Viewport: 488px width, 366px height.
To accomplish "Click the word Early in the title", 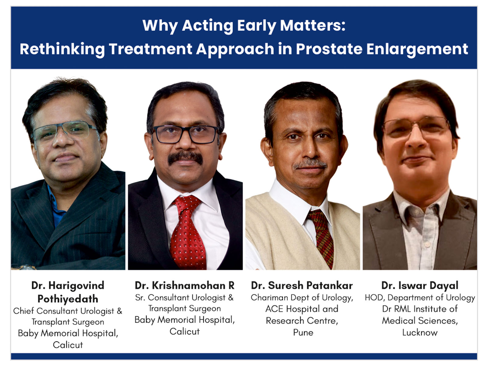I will coord(257,26).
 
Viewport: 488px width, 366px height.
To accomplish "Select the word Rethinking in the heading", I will coord(62,49).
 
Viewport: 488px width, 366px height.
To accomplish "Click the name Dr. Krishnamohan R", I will coord(185,285).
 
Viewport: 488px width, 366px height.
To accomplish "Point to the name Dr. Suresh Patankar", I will coord(302,285).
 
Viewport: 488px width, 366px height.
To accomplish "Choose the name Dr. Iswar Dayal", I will coord(420,285).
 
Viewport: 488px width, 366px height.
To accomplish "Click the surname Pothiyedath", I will coord(68,299).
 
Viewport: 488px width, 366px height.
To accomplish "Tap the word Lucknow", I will coord(420,332).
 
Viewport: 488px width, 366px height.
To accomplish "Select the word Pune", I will coord(303,332).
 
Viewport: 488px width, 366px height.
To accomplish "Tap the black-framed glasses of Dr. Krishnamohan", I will coord(185,134).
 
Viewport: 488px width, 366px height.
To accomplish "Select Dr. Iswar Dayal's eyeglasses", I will coord(416,127).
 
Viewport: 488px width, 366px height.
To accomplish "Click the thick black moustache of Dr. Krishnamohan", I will coord(185,157).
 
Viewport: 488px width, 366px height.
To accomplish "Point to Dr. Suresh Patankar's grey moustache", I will coord(310,165).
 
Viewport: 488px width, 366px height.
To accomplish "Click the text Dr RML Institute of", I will coord(420,309).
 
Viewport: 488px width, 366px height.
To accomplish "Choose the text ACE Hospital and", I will coord(302,309).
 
